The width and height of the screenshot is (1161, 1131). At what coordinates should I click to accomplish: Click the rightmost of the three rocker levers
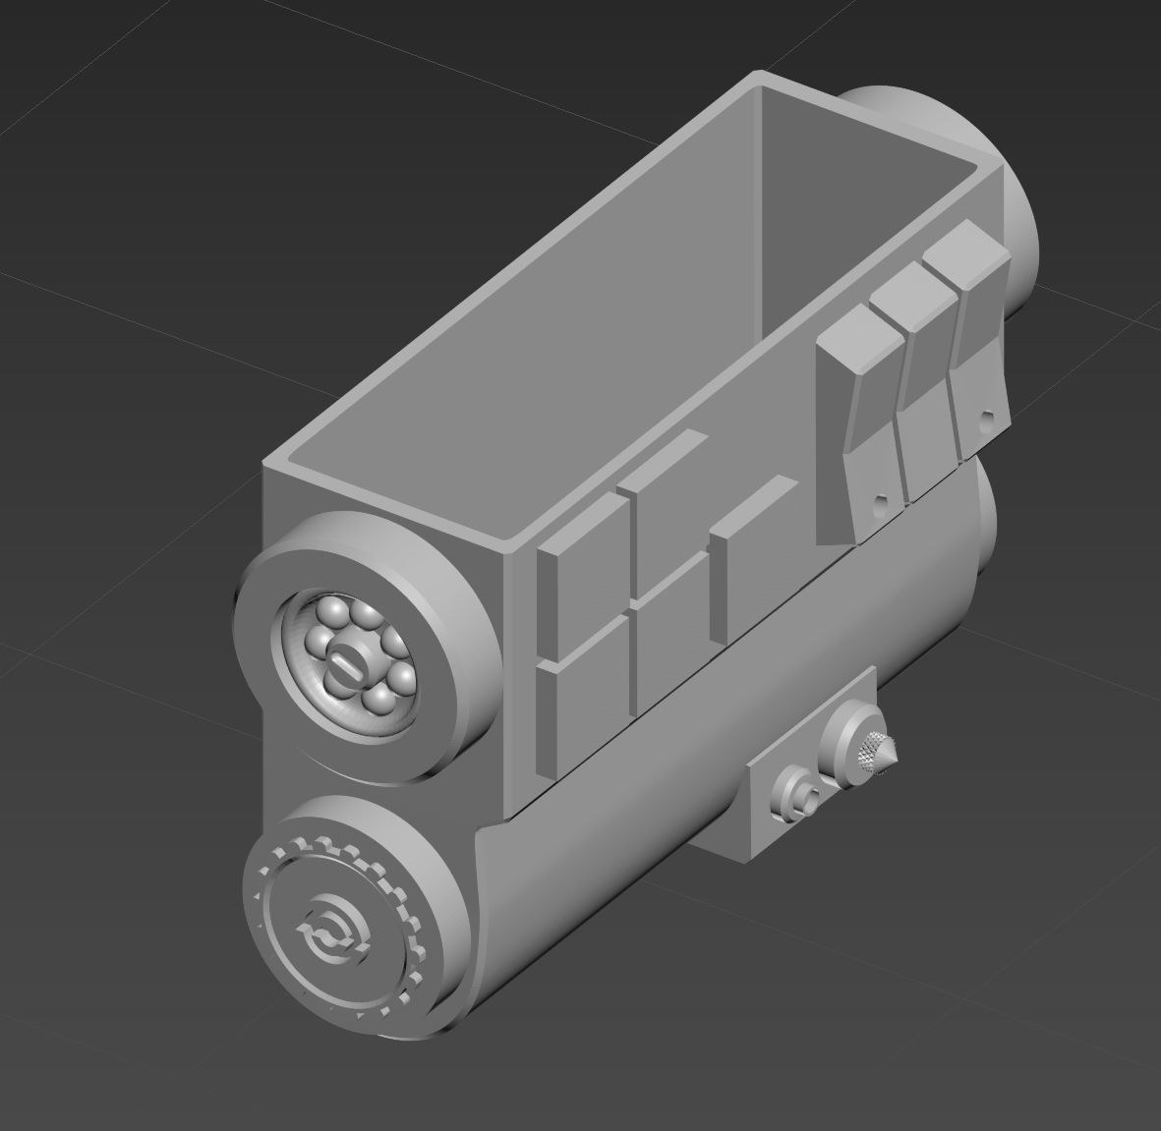pos(973,334)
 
